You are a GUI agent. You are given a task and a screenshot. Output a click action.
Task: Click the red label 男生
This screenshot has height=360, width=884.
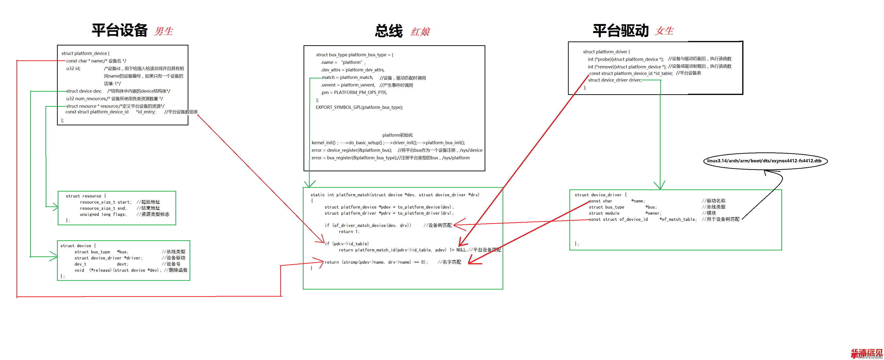[x=164, y=31]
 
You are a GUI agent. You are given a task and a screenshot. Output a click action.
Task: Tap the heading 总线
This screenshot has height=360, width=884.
[x=389, y=31]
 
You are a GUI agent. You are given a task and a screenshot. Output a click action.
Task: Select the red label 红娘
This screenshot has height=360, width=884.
[x=420, y=32]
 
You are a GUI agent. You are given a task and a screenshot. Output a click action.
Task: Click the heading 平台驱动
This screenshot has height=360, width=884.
[x=620, y=31]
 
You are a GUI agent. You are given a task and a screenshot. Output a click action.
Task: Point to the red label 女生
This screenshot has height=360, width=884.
[x=664, y=31]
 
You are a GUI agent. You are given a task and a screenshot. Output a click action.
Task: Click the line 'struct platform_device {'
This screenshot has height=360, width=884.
[x=85, y=53]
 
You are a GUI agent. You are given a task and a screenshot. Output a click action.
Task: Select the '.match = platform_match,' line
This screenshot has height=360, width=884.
[x=347, y=78]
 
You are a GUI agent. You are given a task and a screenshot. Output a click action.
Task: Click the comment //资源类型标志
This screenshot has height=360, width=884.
[x=153, y=214]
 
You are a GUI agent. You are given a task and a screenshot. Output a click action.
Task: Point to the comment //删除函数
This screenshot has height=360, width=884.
[x=176, y=270]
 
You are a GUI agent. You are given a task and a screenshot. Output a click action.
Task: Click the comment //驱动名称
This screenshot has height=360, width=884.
[x=714, y=201]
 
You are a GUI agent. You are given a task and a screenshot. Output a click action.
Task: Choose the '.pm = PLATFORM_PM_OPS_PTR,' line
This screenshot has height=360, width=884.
[x=354, y=93]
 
